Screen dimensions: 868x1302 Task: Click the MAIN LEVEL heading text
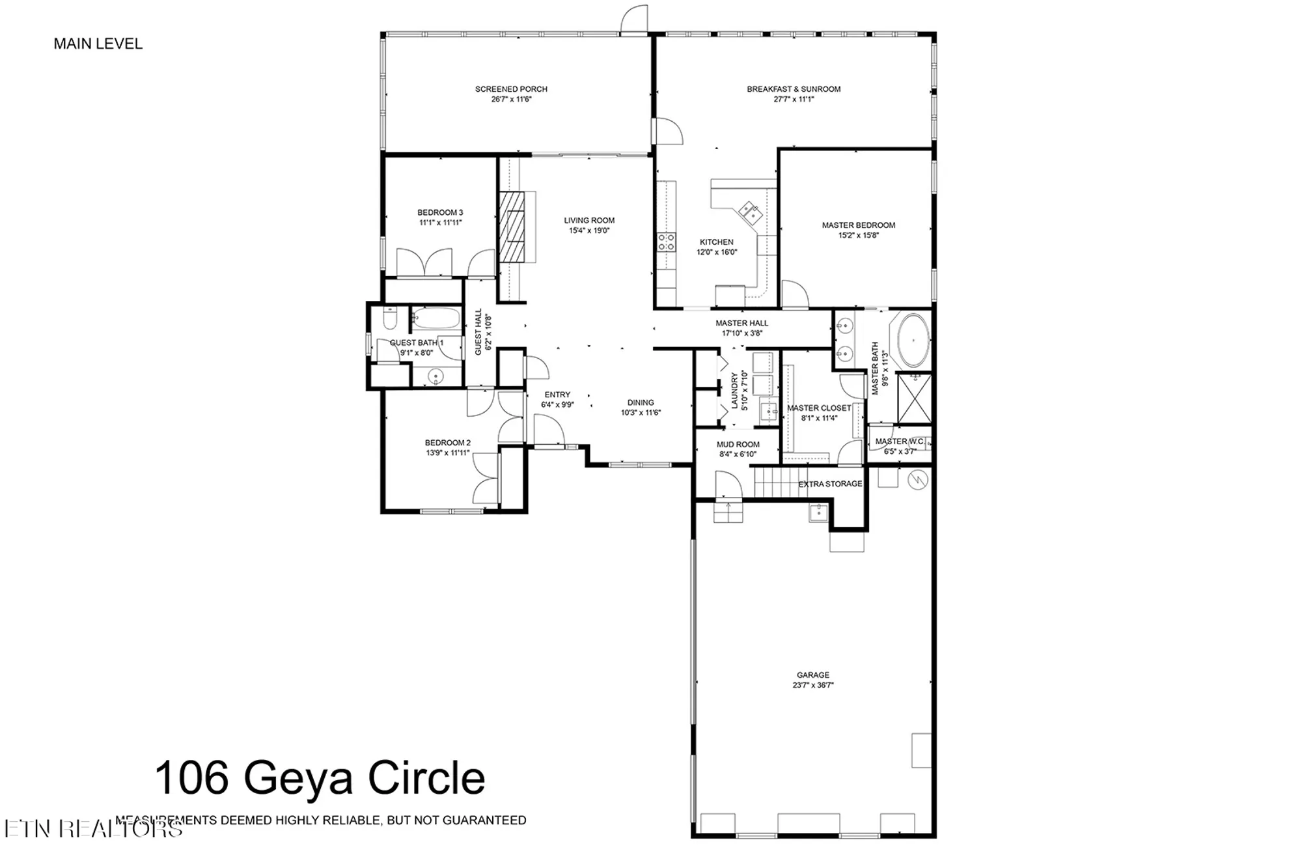tap(98, 44)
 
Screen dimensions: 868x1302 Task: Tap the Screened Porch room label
tap(511, 89)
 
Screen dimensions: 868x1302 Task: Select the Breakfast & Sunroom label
tap(794, 89)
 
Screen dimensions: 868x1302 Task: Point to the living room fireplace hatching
tap(512, 227)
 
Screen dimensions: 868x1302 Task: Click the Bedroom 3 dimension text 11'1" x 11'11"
tap(440, 223)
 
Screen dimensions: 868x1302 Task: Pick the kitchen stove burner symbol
tap(666, 243)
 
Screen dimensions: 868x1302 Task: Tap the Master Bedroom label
tap(858, 225)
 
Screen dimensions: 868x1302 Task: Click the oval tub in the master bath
tap(913, 341)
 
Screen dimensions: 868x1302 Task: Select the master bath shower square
tap(914, 398)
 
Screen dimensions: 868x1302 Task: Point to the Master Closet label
tap(819, 408)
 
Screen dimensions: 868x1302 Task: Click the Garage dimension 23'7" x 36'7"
tap(813, 685)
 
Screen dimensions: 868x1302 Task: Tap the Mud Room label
tap(738, 445)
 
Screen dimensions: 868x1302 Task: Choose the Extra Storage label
tap(830, 484)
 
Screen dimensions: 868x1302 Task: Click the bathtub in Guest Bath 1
tap(436, 319)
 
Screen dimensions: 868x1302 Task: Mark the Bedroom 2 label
tap(447, 443)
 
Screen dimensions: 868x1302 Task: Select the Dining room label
tap(641, 402)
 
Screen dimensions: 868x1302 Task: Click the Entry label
tap(557, 395)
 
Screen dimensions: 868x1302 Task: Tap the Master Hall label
tap(741, 323)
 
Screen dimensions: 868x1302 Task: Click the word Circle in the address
tap(426, 779)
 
